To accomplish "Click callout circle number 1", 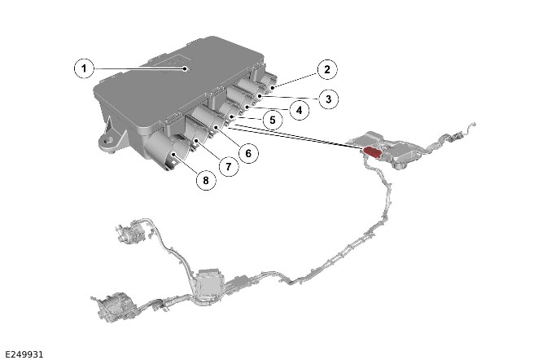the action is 84,68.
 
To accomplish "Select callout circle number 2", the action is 327,69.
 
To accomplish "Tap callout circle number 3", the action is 328,99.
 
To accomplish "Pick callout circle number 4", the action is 300,110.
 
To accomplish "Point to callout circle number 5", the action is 273,120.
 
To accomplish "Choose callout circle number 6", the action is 248,153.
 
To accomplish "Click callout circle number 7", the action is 229,166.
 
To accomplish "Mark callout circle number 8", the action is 206,180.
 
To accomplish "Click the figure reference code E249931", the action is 24,354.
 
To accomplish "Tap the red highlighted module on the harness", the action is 373,152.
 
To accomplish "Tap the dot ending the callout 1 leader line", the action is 186,68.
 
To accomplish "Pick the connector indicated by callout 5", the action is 229,112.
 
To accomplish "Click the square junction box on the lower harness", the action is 208,283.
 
